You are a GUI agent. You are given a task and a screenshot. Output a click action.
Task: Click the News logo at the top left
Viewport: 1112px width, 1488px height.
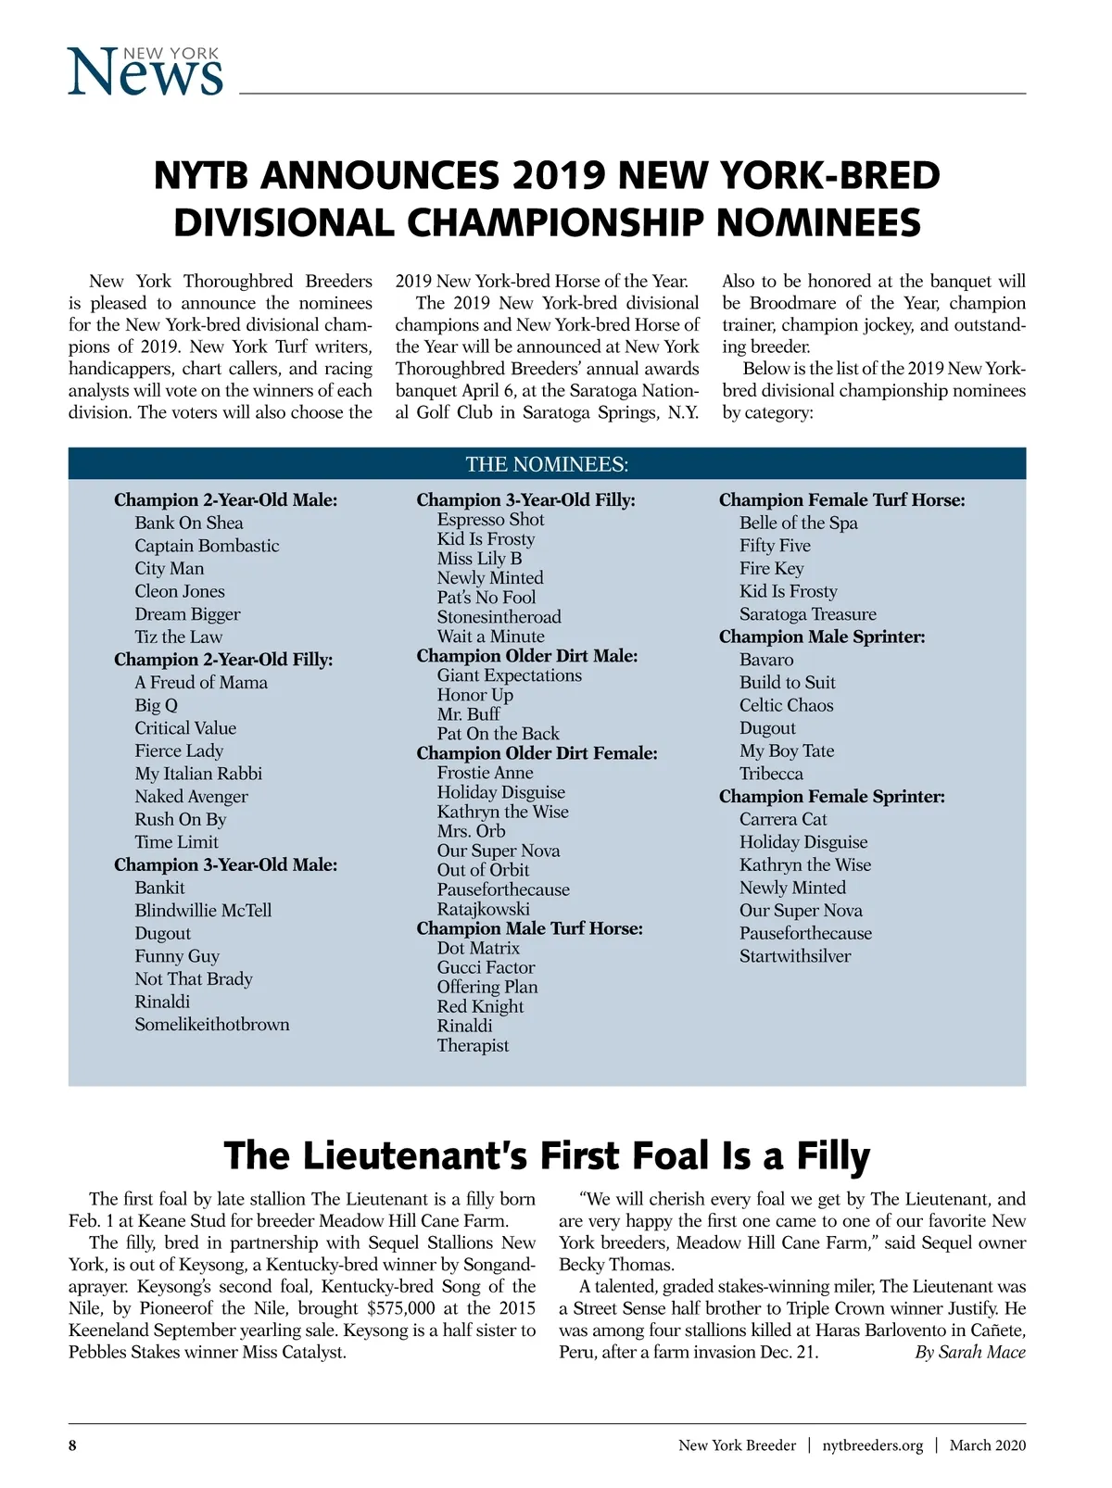point(145,71)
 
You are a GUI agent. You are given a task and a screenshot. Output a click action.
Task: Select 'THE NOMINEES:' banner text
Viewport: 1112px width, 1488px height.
point(547,464)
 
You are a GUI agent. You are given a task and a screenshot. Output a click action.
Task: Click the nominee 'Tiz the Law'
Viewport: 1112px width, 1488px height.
point(178,637)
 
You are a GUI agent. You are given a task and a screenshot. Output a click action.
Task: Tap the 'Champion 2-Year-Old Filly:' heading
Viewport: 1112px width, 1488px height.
point(223,660)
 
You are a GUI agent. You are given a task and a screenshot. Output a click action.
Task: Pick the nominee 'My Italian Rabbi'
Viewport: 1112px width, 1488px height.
point(198,774)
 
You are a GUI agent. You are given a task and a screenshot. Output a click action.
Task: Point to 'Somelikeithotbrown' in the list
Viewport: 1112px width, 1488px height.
point(212,1025)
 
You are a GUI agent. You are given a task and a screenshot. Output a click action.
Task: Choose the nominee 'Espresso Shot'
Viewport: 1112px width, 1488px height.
point(490,520)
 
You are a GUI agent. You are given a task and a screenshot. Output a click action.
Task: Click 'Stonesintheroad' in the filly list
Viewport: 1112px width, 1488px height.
point(499,617)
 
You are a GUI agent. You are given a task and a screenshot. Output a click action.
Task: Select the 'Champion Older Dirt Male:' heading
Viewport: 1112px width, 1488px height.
point(526,656)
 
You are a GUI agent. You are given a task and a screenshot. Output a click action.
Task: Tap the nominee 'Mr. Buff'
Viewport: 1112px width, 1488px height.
point(468,714)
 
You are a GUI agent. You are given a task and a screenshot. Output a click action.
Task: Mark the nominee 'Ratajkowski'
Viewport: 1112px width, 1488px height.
point(483,909)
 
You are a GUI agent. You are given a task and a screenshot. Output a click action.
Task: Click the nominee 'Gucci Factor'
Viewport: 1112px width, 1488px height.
point(486,967)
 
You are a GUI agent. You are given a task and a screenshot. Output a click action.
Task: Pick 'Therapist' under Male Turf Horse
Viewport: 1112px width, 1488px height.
point(473,1045)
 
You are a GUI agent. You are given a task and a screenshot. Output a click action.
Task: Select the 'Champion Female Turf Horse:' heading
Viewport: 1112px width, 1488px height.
point(841,500)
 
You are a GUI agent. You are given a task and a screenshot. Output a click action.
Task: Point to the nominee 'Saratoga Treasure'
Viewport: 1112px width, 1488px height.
point(807,614)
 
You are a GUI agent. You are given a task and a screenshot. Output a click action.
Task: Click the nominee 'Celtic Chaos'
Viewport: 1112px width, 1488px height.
point(786,705)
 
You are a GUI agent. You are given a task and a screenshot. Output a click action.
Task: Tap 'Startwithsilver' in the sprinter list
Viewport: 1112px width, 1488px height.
point(794,956)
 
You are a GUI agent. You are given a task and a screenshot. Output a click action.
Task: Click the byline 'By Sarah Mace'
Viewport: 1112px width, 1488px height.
point(969,1352)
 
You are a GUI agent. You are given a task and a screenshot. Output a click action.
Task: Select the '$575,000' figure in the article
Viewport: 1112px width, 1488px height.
point(401,1308)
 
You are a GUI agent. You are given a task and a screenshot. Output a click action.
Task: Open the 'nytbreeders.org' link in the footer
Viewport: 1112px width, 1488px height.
point(872,1445)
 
